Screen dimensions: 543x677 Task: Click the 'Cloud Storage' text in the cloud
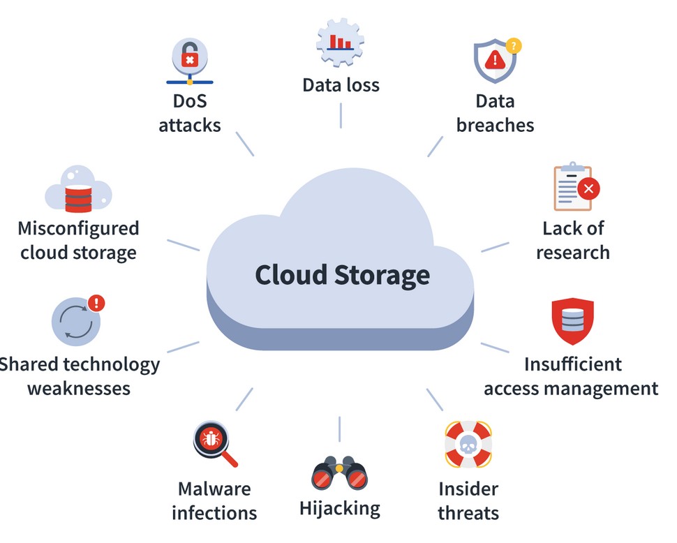tap(342, 274)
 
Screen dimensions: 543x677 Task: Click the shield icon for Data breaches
tap(494, 61)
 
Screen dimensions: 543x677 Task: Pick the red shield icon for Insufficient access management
tap(572, 322)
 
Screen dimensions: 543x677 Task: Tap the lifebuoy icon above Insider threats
tap(468, 444)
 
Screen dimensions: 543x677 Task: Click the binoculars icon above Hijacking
tap(339, 475)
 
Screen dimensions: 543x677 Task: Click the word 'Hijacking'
tap(340, 507)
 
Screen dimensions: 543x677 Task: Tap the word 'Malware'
tap(214, 489)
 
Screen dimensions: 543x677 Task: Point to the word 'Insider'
tap(468, 489)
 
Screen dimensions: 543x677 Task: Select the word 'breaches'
tap(495, 125)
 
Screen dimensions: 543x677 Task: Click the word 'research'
tap(572, 252)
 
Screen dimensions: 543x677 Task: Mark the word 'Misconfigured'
tap(78, 228)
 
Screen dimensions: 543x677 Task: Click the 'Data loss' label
tap(341, 85)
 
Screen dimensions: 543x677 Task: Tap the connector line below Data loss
tap(341, 115)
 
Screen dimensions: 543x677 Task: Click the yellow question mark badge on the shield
tap(514, 46)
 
